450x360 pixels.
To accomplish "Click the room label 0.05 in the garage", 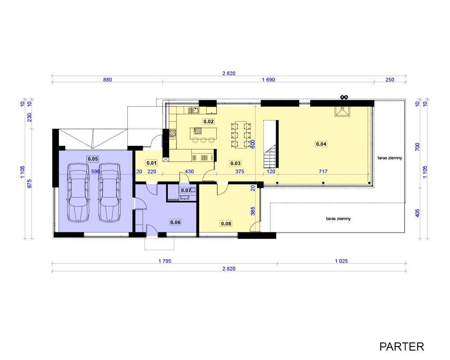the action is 93,159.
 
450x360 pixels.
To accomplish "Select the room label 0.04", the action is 321,144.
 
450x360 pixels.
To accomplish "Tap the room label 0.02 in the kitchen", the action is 209,121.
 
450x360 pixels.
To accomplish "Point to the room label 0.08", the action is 226,223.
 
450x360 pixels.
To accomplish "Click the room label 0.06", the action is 175,222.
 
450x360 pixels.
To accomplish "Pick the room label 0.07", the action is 186,190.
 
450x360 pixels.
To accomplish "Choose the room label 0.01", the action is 152,163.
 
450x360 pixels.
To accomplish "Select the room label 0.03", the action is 235,163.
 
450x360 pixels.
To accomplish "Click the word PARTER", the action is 401,346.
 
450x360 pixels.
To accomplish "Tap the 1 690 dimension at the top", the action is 268,80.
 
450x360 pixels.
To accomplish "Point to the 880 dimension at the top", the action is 108,80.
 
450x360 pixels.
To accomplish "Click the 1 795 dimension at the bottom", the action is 165,261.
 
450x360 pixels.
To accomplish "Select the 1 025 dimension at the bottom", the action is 341,261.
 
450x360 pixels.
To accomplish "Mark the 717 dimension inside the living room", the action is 323,171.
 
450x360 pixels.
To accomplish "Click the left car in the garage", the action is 78,192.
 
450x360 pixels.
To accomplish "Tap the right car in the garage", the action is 109,192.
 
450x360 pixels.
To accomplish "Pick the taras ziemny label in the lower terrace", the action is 338,218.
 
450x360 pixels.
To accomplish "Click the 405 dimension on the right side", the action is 418,213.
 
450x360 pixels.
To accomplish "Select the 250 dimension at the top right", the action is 389,80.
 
